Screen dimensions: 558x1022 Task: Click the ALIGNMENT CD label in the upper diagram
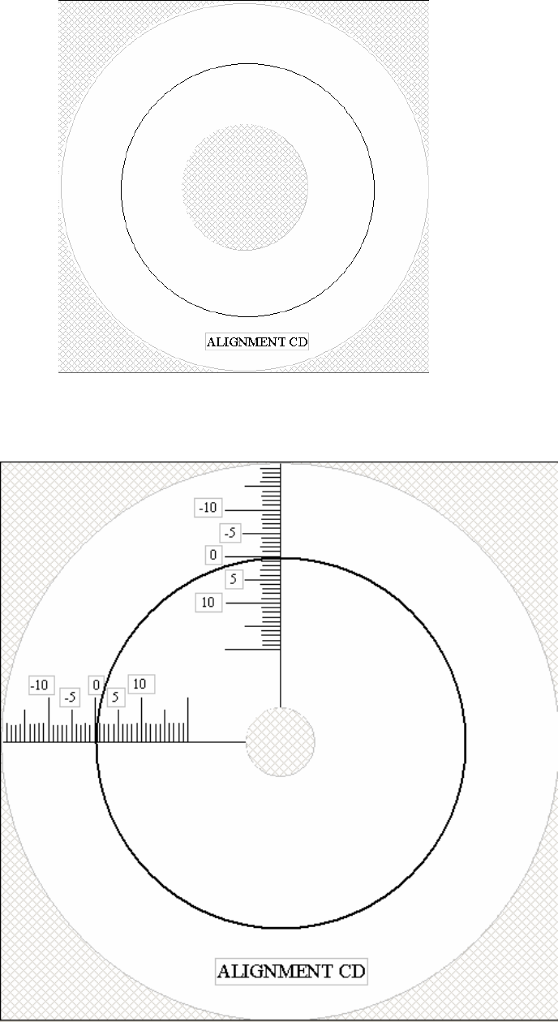click(257, 341)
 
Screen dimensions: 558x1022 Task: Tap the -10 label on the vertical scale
click(208, 508)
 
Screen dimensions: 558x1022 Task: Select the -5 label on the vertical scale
click(230, 533)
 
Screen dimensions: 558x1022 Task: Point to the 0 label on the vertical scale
click(213, 555)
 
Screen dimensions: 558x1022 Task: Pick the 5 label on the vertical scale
click(234, 579)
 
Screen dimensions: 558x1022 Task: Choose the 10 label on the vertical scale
click(208, 603)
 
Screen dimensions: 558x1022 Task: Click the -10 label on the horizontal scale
click(41, 685)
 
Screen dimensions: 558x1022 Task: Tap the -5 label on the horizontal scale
click(71, 698)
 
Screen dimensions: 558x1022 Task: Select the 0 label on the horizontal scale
click(97, 685)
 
